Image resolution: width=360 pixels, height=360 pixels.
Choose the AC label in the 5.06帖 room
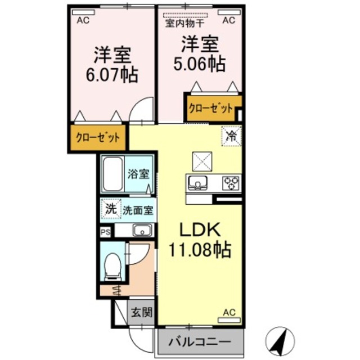click(x=229, y=21)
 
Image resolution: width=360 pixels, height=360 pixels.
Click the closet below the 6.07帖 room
click(x=98, y=137)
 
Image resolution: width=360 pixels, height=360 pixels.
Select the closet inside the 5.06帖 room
click(x=210, y=108)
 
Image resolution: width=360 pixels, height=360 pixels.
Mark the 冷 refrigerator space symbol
click(x=231, y=135)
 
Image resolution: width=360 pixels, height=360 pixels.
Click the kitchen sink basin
click(x=199, y=182)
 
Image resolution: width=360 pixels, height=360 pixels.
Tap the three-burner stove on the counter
click(x=231, y=182)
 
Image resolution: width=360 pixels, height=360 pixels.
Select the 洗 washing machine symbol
click(x=110, y=209)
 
